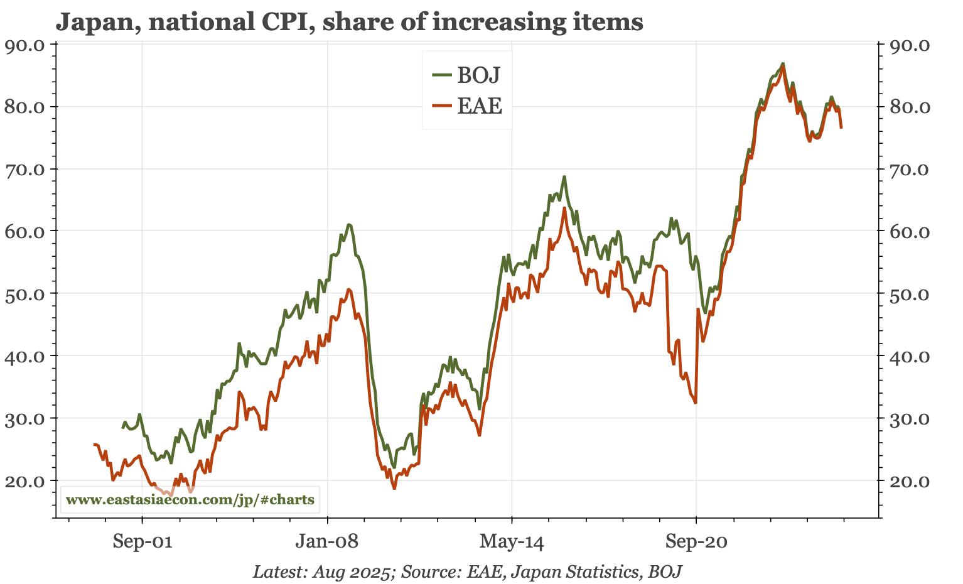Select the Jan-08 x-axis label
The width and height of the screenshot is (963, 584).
327,541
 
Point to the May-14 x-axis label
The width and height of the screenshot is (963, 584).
512,541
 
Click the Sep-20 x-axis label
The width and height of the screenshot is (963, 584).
696,541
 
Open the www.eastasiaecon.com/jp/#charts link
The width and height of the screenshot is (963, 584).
190,500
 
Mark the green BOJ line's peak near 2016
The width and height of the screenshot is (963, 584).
564,176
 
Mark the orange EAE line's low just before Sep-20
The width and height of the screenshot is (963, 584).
695,403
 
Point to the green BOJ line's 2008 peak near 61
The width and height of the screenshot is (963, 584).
348,224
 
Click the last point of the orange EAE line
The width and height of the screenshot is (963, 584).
841,127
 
